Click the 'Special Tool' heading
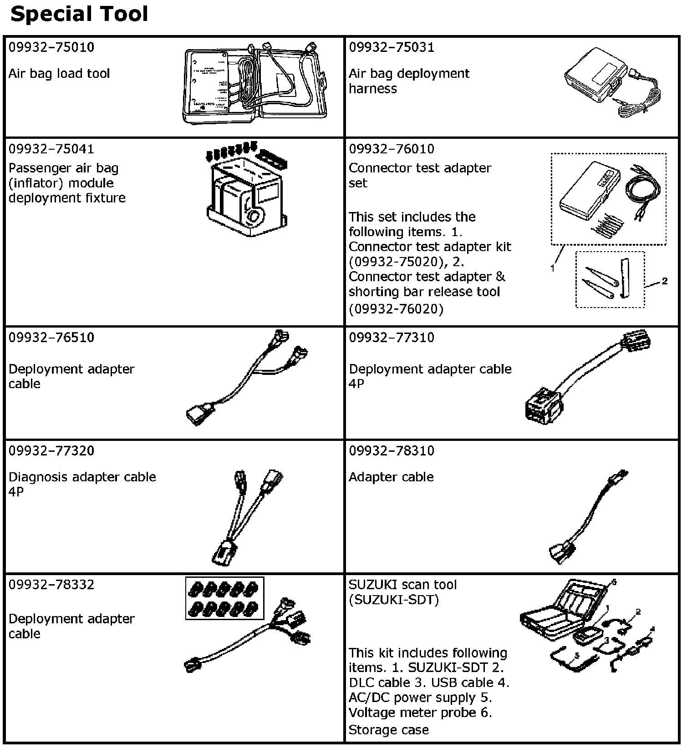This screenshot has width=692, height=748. click(79, 15)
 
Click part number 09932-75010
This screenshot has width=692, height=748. click(51, 47)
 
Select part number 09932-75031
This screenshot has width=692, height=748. click(392, 47)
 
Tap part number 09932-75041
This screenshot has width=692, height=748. click(51, 149)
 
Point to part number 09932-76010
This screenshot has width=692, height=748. click(392, 149)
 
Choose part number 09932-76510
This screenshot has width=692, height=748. click(51, 337)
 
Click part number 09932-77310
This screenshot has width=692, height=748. click(392, 337)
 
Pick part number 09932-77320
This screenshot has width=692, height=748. click(51, 450)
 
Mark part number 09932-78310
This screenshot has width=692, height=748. click(392, 450)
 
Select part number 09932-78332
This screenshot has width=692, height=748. click(51, 584)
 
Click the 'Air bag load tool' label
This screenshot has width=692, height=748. click(59, 74)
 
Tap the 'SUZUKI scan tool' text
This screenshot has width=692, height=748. click(402, 585)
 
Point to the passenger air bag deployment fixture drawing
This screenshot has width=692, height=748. click(246, 191)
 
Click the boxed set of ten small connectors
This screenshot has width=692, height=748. click(224, 598)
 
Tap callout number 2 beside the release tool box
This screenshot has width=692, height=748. click(665, 281)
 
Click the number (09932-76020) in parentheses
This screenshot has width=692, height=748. click(396, 309)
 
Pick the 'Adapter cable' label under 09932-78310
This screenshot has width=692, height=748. click(391, 477)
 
